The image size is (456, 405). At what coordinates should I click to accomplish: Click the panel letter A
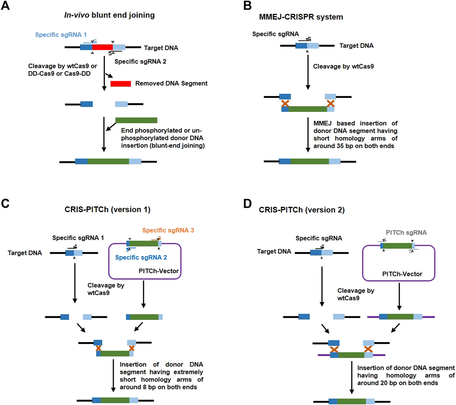5,5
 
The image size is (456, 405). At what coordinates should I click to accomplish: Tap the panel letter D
247,204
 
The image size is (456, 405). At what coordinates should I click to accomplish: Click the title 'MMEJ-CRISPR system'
301,17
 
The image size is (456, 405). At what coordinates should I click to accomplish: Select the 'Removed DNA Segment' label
171,83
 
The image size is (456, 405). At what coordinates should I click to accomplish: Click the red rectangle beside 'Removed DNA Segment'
121,84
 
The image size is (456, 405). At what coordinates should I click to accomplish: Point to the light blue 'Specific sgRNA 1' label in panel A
61,34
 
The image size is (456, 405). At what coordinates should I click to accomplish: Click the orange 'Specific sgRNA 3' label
168,230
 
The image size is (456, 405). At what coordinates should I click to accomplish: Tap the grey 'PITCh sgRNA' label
406,233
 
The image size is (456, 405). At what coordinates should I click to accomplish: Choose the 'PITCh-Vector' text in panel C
159,271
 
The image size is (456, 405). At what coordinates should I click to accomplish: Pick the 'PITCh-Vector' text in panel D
402,274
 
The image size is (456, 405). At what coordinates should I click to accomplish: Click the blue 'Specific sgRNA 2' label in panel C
141,257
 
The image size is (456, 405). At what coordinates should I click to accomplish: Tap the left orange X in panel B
285,103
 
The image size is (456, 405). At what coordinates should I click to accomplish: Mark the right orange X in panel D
368,349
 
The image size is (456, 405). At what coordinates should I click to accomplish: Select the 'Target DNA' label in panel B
356,46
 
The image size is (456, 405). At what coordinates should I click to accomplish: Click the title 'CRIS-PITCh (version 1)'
107,210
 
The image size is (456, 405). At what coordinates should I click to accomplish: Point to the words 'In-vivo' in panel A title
77,15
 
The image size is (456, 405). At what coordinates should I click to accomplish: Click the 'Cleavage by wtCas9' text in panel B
343,67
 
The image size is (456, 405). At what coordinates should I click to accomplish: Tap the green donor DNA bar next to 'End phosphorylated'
136,120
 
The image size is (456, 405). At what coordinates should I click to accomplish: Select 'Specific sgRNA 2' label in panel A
140,61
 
